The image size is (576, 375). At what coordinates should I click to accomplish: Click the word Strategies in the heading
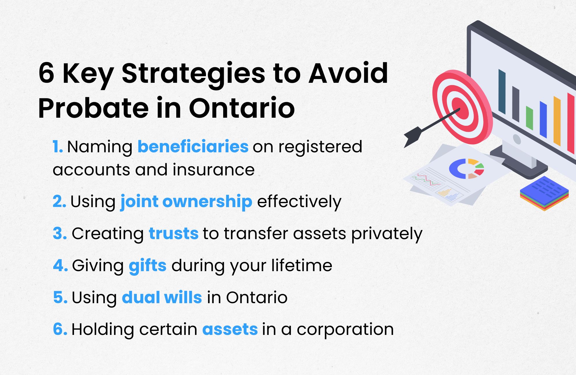[x=193, y=74]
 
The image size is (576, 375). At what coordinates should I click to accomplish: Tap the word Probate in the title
[x=93, y=108]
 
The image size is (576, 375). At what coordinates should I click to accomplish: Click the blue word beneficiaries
[x=193, y=147]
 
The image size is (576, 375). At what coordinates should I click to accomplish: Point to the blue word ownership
[x=207, y=201]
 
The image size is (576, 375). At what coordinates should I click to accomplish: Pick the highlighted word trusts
[x=174, y=233]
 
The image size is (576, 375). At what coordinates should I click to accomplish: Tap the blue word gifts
[x=147, y=265]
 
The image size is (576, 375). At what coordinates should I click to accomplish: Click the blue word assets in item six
[x=230, y=329]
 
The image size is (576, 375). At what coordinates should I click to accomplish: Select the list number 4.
[x=60, y=265]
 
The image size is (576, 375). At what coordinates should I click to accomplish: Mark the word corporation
[x=345, y=330]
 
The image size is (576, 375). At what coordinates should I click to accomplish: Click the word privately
[x=386, y=234]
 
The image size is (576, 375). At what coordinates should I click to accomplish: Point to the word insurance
[x=213, y=170]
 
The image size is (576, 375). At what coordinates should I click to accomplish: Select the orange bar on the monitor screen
[x=557, y=121]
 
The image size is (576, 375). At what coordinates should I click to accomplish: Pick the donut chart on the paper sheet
[x=466, y=168]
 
